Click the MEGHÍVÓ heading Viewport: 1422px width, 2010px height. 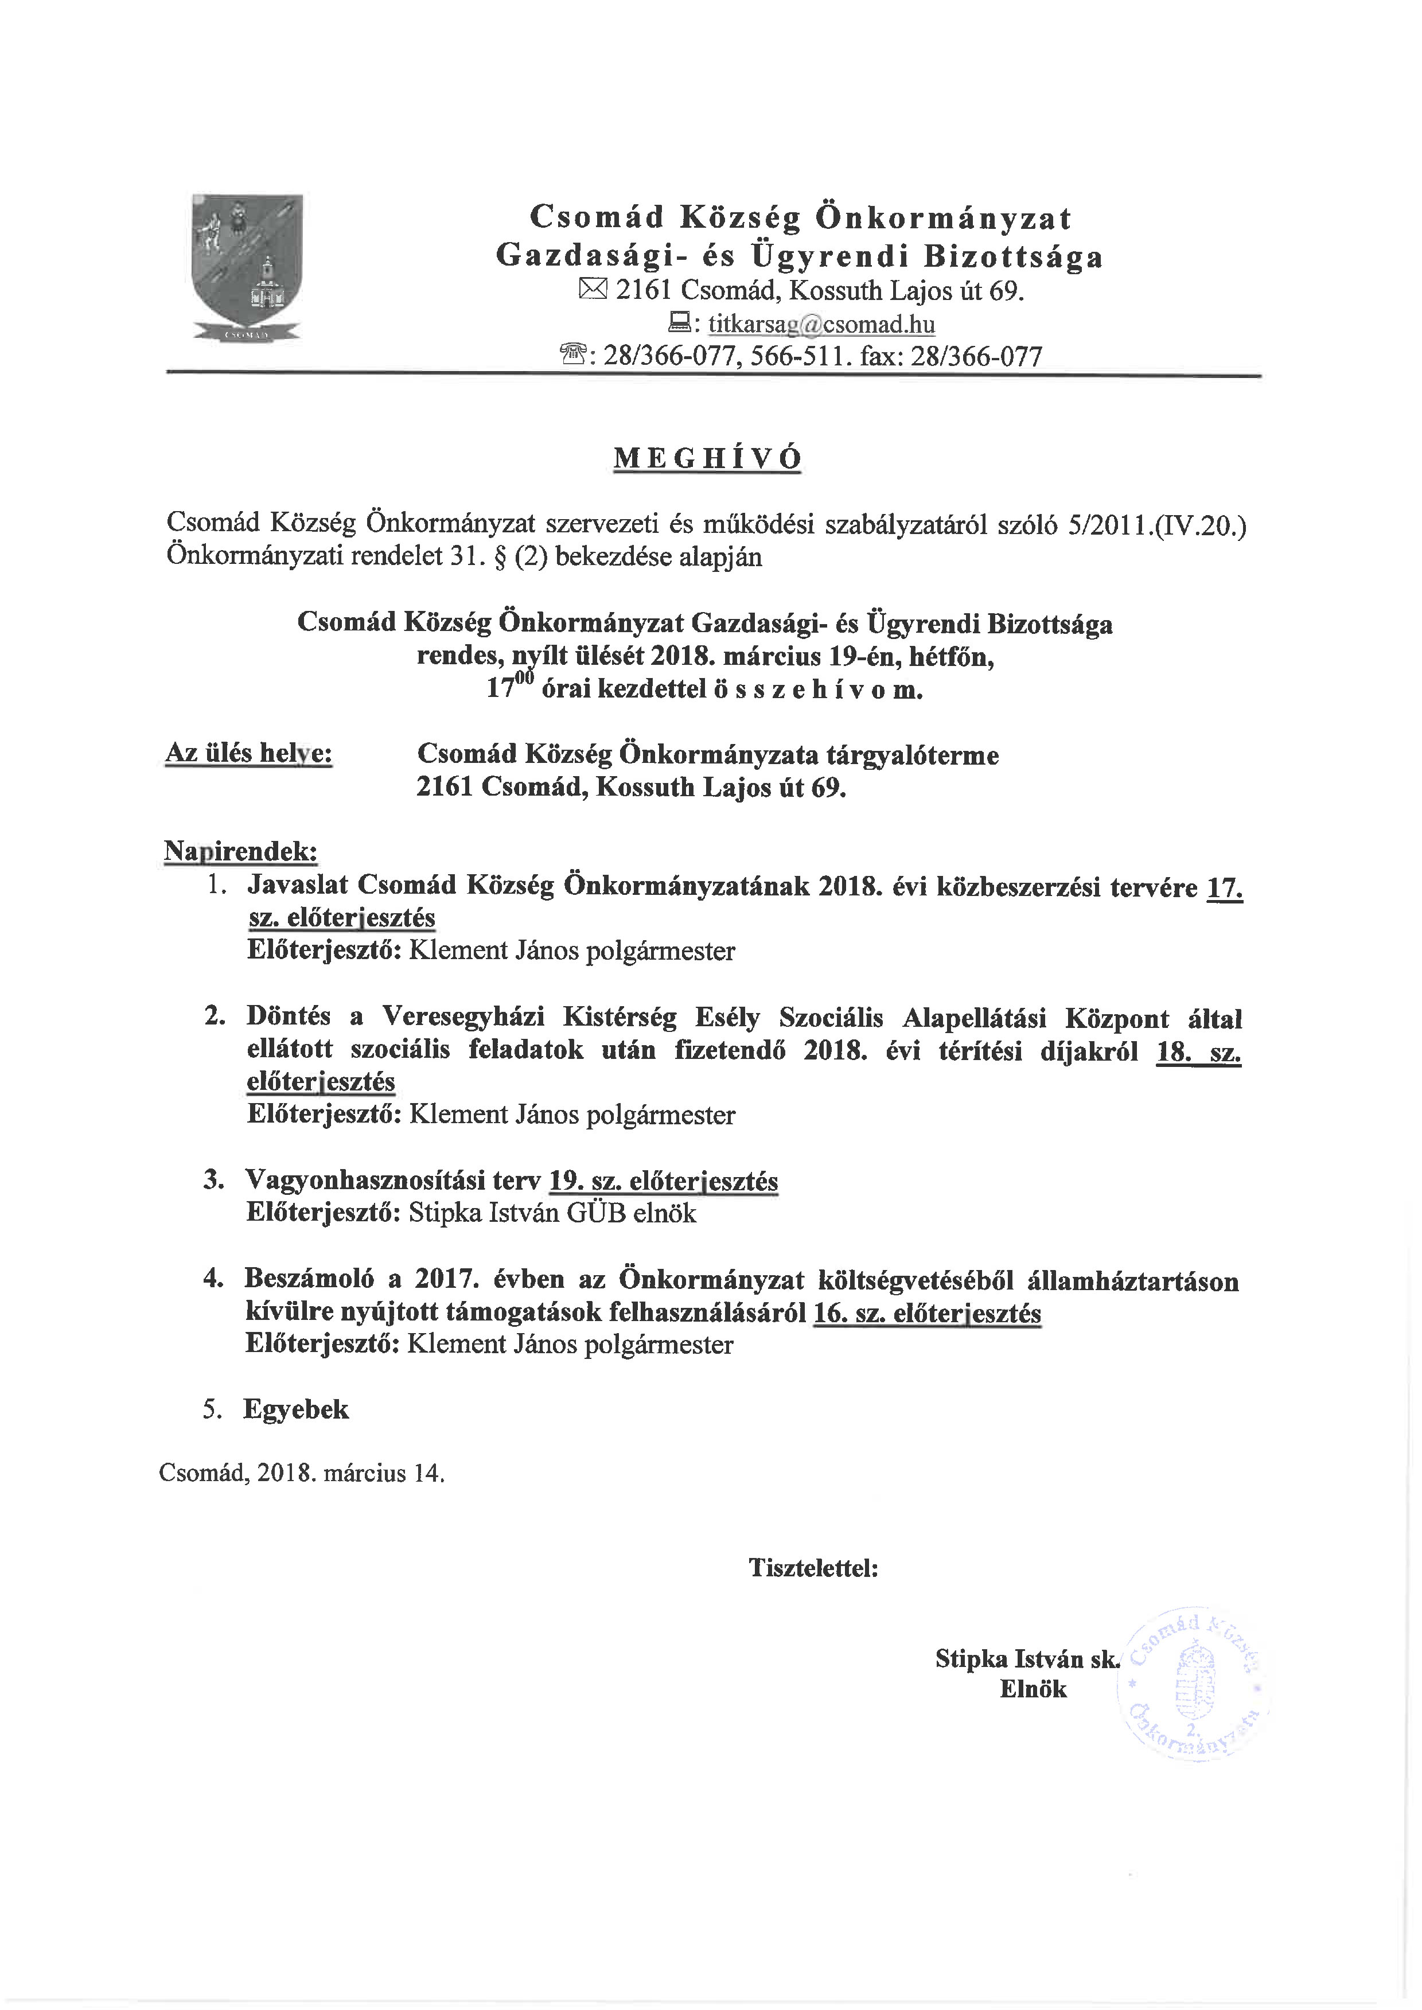tap(707, 459)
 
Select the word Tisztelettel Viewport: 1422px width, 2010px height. tap(813, 1567)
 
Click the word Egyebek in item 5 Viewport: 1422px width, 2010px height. tap(296, 1409)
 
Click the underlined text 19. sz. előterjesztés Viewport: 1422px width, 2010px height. tap(663, 1182)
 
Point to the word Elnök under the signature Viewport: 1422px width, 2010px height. tap(1033, 1689)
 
